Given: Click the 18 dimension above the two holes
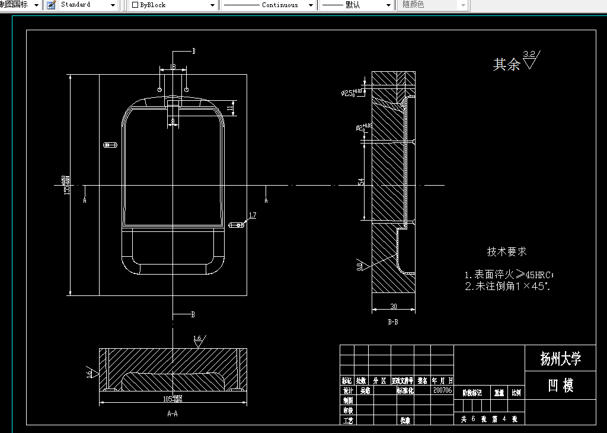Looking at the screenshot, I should click(172, 67).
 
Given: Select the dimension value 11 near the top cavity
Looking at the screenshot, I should click(230, 108).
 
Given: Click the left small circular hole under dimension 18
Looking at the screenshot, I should click(160, 90).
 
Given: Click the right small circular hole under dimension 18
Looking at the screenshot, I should click(186, 90).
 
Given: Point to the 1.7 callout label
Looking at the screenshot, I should click(253, 215).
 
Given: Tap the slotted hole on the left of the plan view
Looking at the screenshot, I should click(109, 144).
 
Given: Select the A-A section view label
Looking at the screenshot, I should click(172, 413).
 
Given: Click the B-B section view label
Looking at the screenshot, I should click(392, 322).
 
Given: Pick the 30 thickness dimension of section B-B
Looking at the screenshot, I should click(394, 307).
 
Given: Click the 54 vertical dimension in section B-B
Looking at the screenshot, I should click(361, 182).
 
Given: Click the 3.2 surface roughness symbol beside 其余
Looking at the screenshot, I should click(530, 59).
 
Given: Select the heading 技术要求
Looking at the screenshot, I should click(507, 251).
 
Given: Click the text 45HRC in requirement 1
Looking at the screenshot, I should click(538, 275).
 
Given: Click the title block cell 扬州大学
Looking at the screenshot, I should click(560, 358).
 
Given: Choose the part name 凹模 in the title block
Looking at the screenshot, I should click(560, 386).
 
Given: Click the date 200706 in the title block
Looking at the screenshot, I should click(442, 391).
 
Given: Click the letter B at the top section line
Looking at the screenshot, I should click(193, 51).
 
